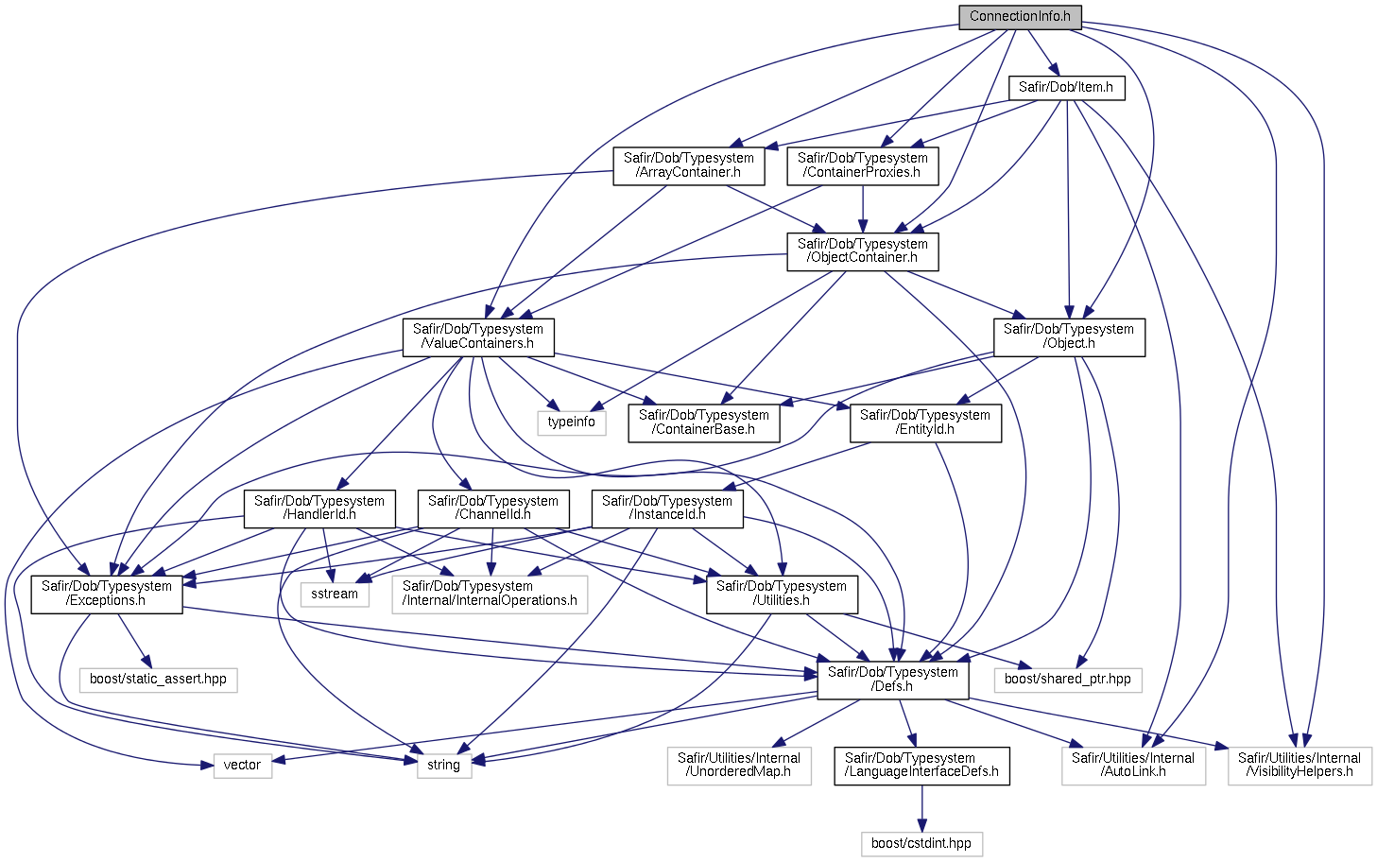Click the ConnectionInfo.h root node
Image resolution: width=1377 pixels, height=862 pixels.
coord(1020,17)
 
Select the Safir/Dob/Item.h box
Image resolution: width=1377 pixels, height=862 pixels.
coord(1067,88)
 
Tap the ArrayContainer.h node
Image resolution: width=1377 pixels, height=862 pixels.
coord(688,166)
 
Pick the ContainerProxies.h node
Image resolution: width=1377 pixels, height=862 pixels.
coord(863,166)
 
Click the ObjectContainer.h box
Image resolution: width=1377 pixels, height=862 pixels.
coord(863,251)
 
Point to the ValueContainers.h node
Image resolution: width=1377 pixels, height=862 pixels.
coord(478,336)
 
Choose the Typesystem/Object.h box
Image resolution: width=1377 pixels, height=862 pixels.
coord(1069,336)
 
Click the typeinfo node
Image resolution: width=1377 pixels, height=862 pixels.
coord(572,423)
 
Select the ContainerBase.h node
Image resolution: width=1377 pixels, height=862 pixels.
coord(704,423)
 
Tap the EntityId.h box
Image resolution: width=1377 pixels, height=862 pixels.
coord(925,423)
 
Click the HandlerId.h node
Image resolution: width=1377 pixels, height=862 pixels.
coord(319,509)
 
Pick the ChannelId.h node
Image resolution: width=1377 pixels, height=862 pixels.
coord(493,509)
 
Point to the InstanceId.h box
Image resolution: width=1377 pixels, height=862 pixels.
coord(667,509)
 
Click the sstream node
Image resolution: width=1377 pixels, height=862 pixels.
coord(335,595)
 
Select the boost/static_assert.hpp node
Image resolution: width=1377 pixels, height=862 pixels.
coord(158,680)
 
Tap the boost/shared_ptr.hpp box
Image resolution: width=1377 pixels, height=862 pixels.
coord(1068,680)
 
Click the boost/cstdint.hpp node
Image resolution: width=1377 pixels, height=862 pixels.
coord(921,844)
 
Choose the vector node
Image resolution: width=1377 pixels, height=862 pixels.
coord(242,767)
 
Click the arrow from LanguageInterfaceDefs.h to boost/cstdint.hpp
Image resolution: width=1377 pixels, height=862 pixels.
coord(921,808)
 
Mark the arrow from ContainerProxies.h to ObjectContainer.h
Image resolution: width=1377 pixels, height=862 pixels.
coord(863,209)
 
